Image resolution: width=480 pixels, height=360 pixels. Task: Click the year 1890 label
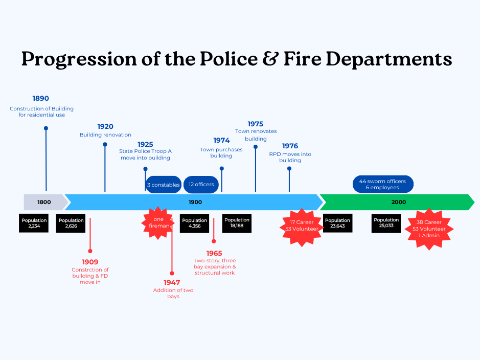coord(40,99)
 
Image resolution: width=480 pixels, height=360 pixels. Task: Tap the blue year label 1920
coord(105,127)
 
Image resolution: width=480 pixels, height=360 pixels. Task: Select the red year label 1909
coord(90,262)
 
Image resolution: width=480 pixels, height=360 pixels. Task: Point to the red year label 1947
coord(172,282)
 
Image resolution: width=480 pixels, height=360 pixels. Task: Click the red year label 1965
coord(214,253)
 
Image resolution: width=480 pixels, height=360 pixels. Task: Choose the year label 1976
coord(290,146)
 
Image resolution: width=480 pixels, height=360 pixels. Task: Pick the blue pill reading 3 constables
coord(164,185)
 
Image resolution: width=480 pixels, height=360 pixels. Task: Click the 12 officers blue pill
coord(201,185)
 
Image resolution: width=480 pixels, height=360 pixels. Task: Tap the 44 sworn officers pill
coord(382,185)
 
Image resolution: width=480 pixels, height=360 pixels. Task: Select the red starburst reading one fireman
coord(158,223)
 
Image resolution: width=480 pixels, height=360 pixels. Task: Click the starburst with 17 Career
coord(302,226)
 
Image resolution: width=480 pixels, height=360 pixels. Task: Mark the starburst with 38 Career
coord(429,229)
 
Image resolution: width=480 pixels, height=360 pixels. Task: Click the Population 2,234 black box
coord(34,223)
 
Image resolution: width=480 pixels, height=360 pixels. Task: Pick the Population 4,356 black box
coord(194,223)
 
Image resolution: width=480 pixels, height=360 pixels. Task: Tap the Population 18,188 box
coord(237,223)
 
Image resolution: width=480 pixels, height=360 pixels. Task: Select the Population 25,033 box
coord(386,223)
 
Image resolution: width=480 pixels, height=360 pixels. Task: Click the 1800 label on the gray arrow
coord(44,202)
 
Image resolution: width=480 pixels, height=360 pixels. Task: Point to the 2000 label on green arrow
coord(399,202)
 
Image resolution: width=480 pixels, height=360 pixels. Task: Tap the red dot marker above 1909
coord(90,251)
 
